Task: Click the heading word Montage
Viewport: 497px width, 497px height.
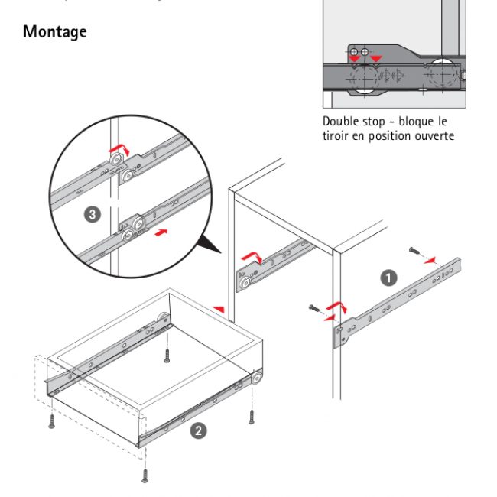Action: [x=54, y=32]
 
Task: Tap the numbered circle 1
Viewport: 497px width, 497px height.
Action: [x=388, y=278]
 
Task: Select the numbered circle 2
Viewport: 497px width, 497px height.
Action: [x=198, y=430]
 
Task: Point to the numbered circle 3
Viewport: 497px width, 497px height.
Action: [x=93, y=215]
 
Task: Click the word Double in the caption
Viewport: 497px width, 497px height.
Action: [x=341, y=122]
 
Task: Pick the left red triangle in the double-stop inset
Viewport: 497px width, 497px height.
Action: [x=354, y=60]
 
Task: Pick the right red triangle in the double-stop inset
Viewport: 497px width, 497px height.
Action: [x=375, y=60]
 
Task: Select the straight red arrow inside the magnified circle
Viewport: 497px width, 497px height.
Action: [x=160, y=230]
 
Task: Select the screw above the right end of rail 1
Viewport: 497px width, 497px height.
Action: [x=412, y=252]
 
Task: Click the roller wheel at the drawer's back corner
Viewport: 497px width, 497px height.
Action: [x=162, y=321]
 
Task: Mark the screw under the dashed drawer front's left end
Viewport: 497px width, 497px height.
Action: [x=52, y=419]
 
